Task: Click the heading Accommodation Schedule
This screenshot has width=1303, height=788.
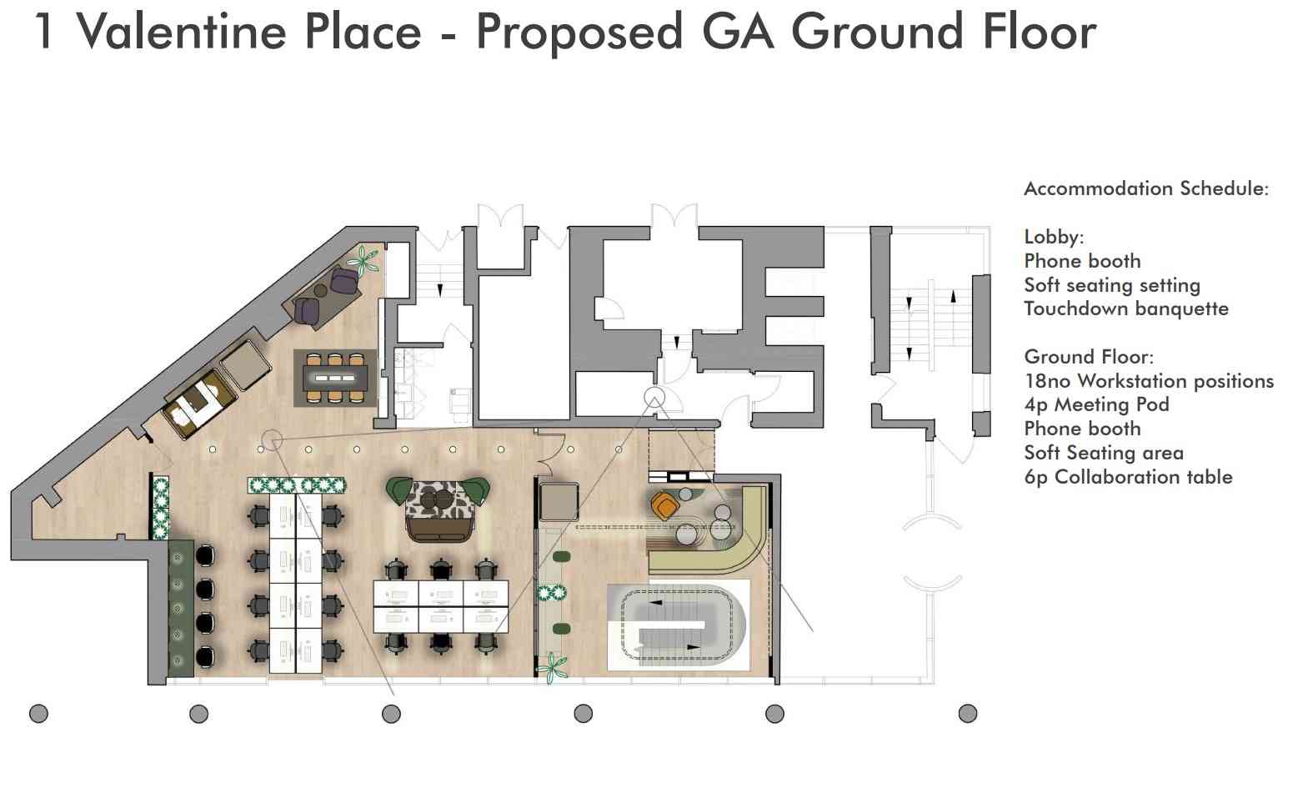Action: (x=1146, y=188)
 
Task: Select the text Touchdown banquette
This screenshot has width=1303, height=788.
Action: (x=1126, y=309)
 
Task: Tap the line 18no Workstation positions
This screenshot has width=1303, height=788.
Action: (x=1149, y=380)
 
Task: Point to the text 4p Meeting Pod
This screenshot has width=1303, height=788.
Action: (x=1096, y=404)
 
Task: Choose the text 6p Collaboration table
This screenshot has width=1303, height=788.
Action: (x=1128, y=477)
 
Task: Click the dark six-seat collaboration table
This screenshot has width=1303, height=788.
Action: (x=335, y=378)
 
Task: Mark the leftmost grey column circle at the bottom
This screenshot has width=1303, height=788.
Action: (x=38, y=713)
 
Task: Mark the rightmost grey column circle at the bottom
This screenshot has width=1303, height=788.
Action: (x=967, y=713)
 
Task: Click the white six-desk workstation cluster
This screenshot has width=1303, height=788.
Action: (x=440, y=606)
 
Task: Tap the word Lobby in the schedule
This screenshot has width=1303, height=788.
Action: (x=1054, y=237)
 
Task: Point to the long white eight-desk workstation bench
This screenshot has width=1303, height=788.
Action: (x=295, y=584)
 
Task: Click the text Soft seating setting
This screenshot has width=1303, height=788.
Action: (x=1112, y=285)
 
